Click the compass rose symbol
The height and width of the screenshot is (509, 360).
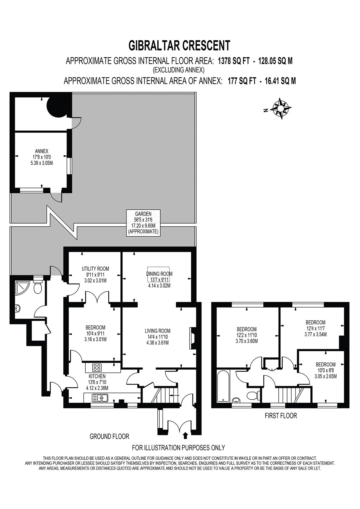point(280,109)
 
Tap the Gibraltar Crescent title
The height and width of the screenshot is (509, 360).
point(179,45)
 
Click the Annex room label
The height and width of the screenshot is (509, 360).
point(42,157)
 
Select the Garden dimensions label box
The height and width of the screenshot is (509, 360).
point(143,223)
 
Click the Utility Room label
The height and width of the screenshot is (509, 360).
point(95,274)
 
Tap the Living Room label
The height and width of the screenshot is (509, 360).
point(157,337)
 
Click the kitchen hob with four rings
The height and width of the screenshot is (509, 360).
point(97,368)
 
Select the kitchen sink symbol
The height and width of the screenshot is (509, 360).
point(100,398)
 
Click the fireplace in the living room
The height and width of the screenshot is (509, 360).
point(192,338)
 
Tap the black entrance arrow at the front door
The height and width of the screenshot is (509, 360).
point(186,435)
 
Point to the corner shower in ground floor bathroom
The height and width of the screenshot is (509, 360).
point(22,287)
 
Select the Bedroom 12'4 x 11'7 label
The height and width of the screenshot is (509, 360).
point(315,328)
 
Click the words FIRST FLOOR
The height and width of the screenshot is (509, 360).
point(281,416)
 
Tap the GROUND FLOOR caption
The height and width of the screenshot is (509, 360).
point(109,436)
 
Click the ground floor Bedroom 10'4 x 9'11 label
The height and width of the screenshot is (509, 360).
point(95,333)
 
